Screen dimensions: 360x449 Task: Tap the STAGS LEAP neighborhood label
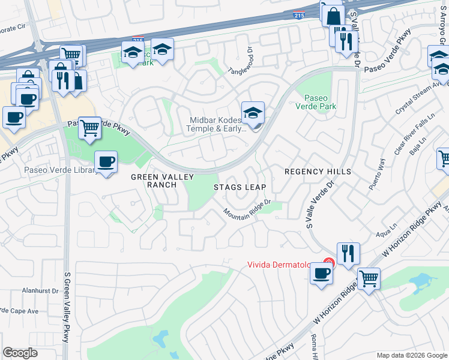[x=240, y=187]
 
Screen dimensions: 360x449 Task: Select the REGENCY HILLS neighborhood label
[x=318, y=172]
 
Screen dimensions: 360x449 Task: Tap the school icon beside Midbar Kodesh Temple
[x=253, y=113]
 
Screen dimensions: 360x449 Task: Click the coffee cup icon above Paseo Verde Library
[x=106, y=161]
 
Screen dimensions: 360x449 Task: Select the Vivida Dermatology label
[x=285, y=265]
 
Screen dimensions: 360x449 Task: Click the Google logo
[x=20, y=353]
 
